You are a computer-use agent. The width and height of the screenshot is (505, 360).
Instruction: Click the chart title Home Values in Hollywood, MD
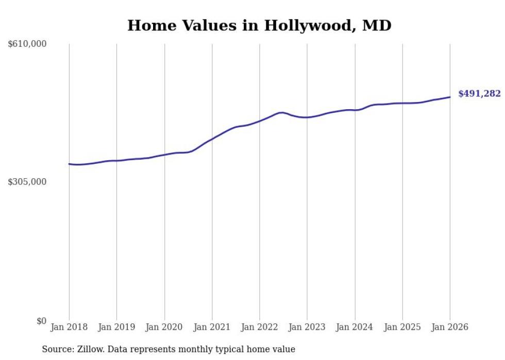(259, 25)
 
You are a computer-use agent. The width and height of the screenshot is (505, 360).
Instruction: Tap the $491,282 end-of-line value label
(479, 94)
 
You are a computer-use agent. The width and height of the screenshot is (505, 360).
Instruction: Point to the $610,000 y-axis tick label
(27, 44)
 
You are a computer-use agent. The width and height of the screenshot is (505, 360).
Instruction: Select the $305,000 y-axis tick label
(27, 182)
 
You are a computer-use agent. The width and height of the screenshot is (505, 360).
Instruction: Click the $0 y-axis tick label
(41, 321)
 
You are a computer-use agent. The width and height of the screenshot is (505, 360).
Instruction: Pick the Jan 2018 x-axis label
(69, 328)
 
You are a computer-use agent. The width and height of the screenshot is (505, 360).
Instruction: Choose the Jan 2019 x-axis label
(116, 328)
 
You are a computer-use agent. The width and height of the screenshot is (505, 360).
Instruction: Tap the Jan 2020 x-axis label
(164, 328)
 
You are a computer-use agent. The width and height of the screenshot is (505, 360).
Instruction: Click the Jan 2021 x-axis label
(212, 328)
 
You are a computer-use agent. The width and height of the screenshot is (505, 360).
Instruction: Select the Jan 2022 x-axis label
(260, 328)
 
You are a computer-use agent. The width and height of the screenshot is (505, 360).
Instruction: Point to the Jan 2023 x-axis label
(307, 328)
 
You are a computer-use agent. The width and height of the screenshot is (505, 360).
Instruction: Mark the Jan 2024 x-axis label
(355, 328)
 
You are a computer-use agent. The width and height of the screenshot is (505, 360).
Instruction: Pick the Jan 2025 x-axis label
(402, 328)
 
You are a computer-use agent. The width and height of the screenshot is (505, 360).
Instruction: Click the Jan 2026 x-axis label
(450, 328)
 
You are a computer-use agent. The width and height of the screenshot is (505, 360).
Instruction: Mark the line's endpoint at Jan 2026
(450, 97)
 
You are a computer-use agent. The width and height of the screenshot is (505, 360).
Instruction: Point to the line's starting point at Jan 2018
(69, 164)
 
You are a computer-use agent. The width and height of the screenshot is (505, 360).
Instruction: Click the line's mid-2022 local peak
(281, 112)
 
